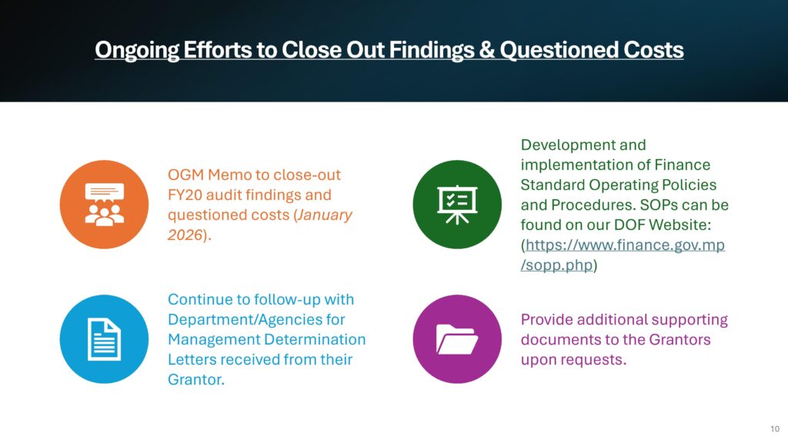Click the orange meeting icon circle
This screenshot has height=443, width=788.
(104, 205)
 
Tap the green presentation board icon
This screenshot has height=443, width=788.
(457, 205)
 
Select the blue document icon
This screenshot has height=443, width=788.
(104, 339)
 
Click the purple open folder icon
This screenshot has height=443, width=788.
(457, 339)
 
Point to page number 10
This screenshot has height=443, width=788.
(774, 429)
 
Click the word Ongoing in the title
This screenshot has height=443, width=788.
(137, 51)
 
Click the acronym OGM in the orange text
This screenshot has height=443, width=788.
(185, 175)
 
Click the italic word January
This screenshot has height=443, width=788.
(324, 215)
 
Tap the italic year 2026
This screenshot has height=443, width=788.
(185, 235)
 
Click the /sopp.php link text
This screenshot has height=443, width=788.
(557, 265)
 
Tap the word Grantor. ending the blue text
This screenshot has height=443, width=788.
(196, 380)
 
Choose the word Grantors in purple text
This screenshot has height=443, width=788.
(679, 339)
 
